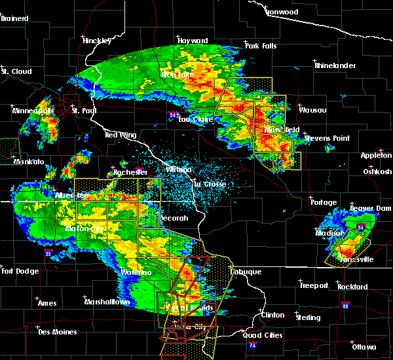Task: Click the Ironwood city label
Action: point(282,12)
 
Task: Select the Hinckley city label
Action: point(98,41)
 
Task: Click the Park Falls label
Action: point(261,46)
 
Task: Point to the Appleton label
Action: point(375,155)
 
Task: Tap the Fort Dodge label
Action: point(17,271)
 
